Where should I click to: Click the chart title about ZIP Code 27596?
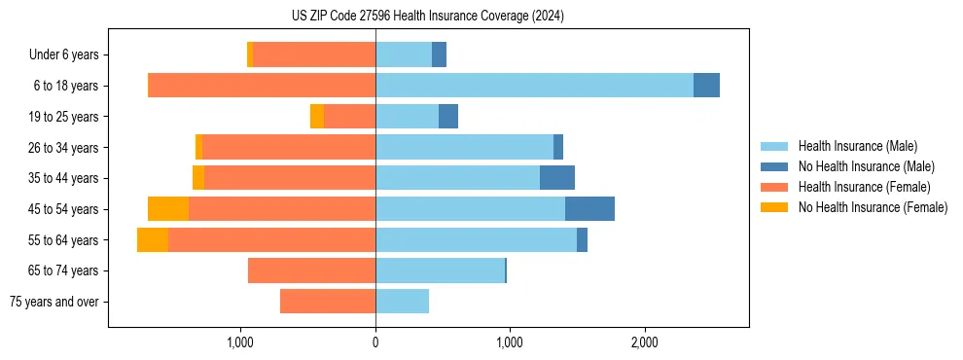coord(428,16)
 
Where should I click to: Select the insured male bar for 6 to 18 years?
coord(534,86)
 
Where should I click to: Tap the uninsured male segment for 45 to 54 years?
coord(589,209)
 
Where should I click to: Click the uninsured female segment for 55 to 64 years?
coord(153,240)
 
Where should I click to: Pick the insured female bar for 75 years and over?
coord(328,302)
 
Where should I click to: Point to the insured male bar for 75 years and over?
coord(402,302)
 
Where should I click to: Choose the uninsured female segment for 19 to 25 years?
coord(317,117)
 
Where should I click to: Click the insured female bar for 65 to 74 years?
coord(311,270)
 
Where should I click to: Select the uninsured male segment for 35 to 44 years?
coord(557,178)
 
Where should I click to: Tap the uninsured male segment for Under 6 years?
coord(440,54)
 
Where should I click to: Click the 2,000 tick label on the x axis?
coord(645,342)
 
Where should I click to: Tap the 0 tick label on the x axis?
coord(375,342)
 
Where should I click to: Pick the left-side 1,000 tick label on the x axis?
coord(240,342)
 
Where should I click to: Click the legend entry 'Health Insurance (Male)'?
coord(857,146)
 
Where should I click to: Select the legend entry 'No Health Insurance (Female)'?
coord(873,207)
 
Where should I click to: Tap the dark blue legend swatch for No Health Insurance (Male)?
coord(774,166)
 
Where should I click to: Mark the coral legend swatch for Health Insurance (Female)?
coord(774,187)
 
